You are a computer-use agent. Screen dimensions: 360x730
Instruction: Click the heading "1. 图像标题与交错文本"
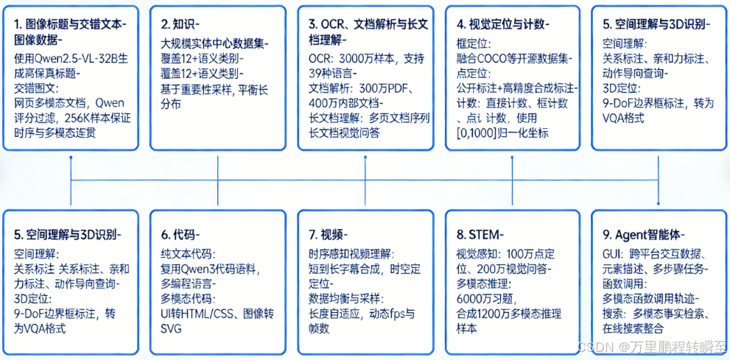tap(69, 24)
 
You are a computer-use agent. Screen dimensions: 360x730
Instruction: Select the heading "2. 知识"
tap(178, 24)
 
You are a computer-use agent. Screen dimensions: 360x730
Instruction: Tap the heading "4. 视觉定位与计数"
tap(502, 24)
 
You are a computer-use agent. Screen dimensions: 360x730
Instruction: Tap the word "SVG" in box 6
tap(171, 328)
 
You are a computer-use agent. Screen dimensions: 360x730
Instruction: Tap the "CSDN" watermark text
tap(591, 346)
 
